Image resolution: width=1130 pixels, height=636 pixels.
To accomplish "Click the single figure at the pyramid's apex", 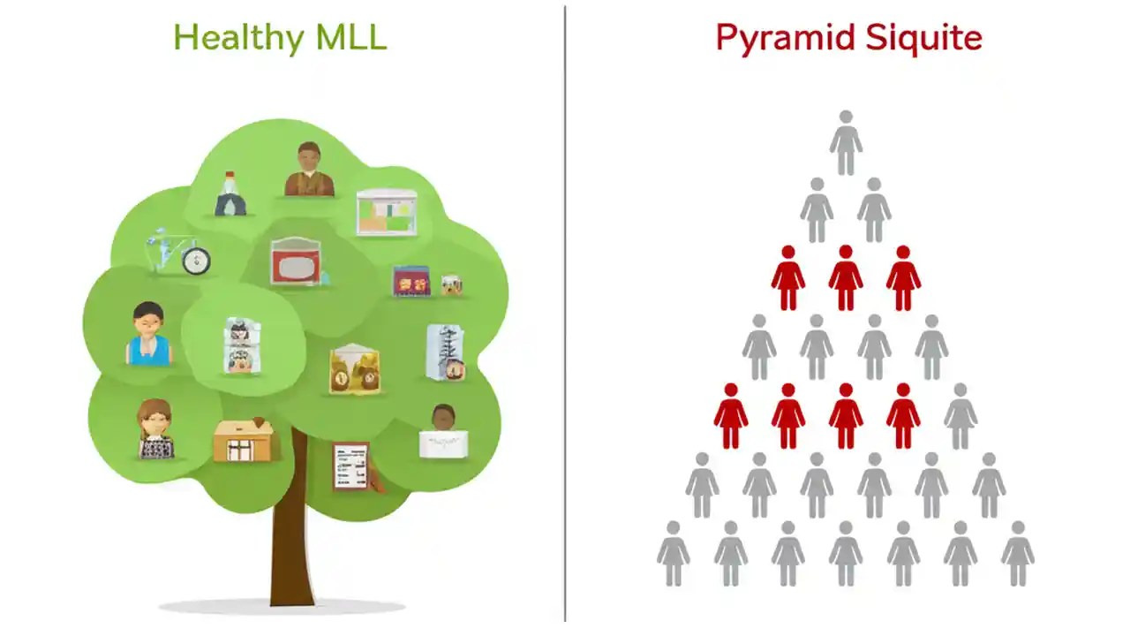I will click(845, 142).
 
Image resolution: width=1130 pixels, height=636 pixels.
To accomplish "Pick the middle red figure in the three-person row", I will click(845, 278).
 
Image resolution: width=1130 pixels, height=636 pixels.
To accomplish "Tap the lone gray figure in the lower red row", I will click(960, 416).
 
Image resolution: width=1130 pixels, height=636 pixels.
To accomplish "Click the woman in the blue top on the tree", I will click(147, 334).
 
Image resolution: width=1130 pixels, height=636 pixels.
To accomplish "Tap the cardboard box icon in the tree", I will click(244, 439).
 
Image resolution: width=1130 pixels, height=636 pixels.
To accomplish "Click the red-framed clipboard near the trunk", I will click(351, 466).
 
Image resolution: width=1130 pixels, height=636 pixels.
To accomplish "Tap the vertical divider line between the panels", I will click(565, 318).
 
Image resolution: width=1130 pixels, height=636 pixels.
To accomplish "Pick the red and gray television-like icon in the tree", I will click(296, 261).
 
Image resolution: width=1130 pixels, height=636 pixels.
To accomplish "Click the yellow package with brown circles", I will click(355, 370).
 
